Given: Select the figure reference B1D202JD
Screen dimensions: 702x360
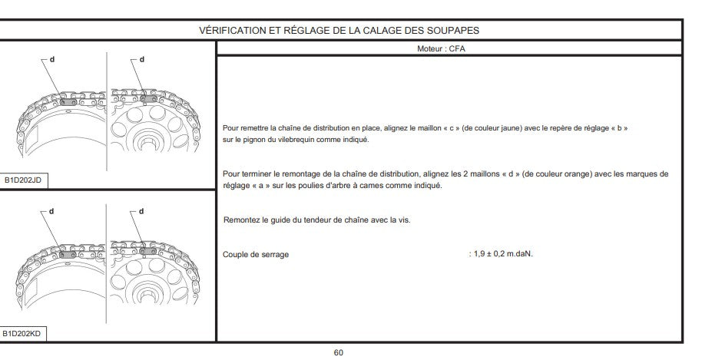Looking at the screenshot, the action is tap(23, 180).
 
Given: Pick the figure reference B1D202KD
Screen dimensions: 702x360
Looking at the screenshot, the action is tap(22, 333).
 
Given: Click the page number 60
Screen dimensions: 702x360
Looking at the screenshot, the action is tap(339, 352).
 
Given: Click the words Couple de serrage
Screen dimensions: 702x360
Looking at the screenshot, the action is tap(256, 255).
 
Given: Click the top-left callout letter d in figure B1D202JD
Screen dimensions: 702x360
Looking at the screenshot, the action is tap(52, 58).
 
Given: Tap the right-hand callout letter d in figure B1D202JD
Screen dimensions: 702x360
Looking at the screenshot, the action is tap(142, 59).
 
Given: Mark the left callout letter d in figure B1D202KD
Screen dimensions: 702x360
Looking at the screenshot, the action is tap(51, 211).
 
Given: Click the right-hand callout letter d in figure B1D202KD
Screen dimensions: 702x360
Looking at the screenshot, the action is tap(141, 211).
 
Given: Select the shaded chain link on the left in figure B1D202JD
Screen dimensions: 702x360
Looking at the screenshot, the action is tap(68, 102).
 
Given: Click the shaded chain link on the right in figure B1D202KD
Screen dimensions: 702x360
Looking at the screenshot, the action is tap(148, 251).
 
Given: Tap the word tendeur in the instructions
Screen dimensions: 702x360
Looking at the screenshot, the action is tap(318, 220).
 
